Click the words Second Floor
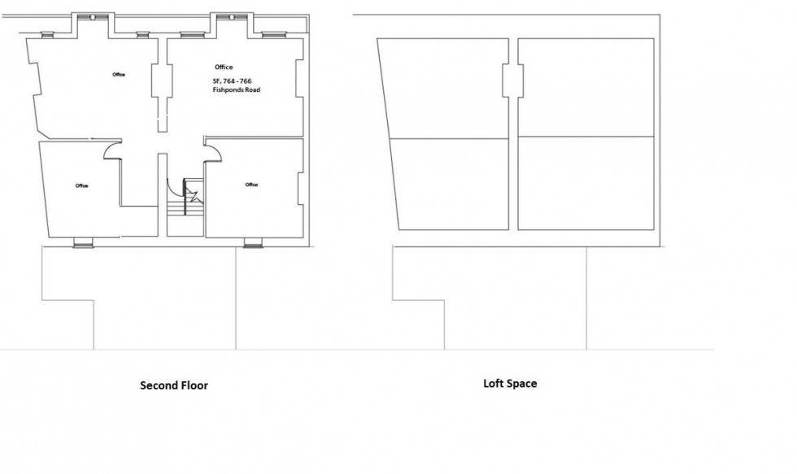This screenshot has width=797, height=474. pyautogui.click(x=174, y=385)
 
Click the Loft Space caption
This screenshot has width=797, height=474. pyautogui.click(x=510, y=383)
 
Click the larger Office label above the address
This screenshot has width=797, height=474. pyautogui.click(x=224, y=67)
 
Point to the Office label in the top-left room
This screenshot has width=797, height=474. pyautogui.click(x=119, y=75)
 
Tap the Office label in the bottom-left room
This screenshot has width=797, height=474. pyautogui.click(x=81, y=185)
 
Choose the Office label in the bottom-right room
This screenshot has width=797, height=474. pyautogui.click(x=251, y=185)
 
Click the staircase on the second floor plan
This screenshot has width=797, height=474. pyautogui.click(x=185, y=202)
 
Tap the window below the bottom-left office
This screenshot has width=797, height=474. pyautogui.click(x=83, y=241)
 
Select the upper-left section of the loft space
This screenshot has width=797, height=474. pyautogui.click(x=446, y=88)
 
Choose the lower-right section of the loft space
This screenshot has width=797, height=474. pyautogui.click(x=586, y=183)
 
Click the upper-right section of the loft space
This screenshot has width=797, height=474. pyautogui.click(x=586, y=88)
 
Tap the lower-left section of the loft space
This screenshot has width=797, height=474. pyautogui.click(x=450, y=183)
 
